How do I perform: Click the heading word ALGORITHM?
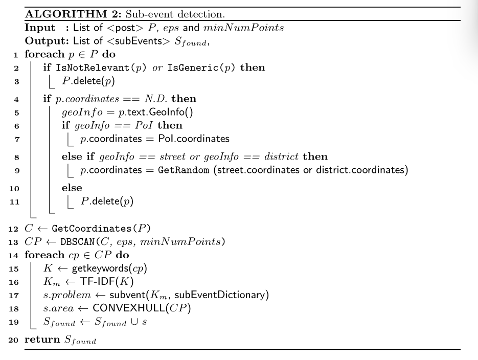66,14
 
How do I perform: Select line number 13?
13,242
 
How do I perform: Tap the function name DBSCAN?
78,242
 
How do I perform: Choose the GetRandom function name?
184,170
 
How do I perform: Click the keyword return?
42,339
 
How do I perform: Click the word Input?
40,28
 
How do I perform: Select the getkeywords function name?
100,268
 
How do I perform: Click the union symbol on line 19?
134,322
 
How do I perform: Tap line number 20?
13,340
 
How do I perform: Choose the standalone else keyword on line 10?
72,188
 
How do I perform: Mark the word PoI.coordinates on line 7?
194,139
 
